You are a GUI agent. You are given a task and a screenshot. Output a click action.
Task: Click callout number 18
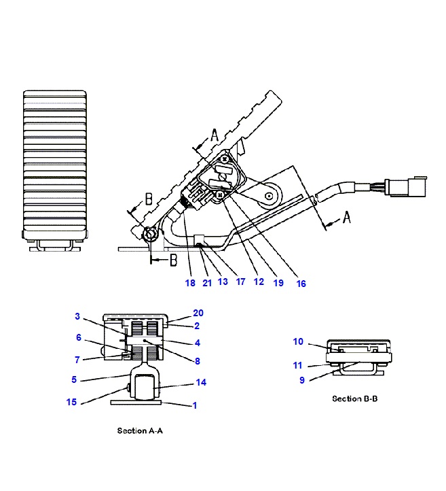click(190, 283)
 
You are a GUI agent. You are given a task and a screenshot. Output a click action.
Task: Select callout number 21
click(207, 283)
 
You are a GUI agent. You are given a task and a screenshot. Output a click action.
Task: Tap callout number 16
click(301, 284)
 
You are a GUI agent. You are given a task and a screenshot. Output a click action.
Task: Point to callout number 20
click(198, 313)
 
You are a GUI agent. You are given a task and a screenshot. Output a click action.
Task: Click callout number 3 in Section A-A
click(77, 316)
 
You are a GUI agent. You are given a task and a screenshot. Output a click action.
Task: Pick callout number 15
click(71, 402)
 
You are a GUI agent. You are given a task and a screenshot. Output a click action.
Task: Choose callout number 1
click(195, 405)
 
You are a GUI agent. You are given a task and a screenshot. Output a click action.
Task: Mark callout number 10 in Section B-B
click(298, 341)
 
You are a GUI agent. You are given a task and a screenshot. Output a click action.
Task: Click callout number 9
click(302, 380)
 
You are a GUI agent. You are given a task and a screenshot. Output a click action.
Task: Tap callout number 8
click(198, 361)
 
